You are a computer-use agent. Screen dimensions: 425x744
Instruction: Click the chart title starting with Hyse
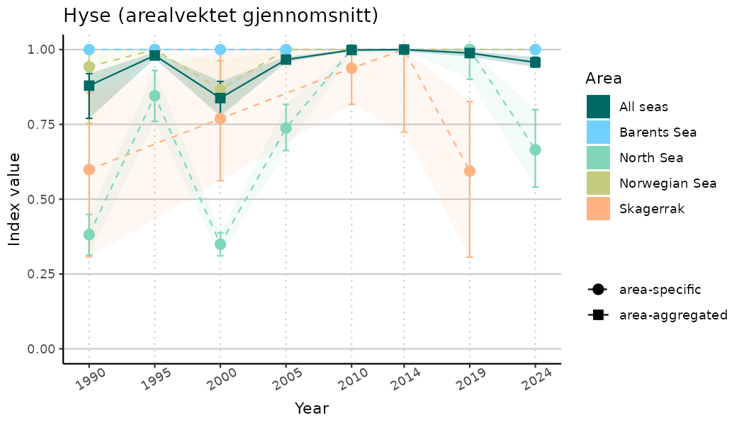point(220,16)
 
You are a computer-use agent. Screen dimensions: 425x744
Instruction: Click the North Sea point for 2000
point(220,244)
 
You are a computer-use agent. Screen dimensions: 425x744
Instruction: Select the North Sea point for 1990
point(89,234)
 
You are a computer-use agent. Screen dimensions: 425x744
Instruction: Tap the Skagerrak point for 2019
point(469,171)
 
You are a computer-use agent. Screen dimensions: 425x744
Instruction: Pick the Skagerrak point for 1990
point(89,169)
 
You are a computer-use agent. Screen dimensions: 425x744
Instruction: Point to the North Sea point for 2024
point(535,149)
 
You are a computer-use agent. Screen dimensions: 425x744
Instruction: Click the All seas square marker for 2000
point(220,98)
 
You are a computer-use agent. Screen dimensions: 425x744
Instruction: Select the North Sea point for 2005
point(286,128)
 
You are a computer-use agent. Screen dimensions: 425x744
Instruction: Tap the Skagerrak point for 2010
point(351,68)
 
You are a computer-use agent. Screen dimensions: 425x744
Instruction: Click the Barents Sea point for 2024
point(535,50)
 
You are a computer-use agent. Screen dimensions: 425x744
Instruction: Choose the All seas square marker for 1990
point(89,86)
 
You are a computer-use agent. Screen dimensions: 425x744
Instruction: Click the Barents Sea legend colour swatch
point(598,132)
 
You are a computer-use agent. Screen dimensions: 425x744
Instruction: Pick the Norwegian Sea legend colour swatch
point(598,183)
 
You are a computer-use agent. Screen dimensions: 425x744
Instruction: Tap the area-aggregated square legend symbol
point(598,314)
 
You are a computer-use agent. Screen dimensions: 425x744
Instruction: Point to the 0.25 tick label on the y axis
point(40,274)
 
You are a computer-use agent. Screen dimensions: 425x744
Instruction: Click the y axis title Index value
point(15,199)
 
